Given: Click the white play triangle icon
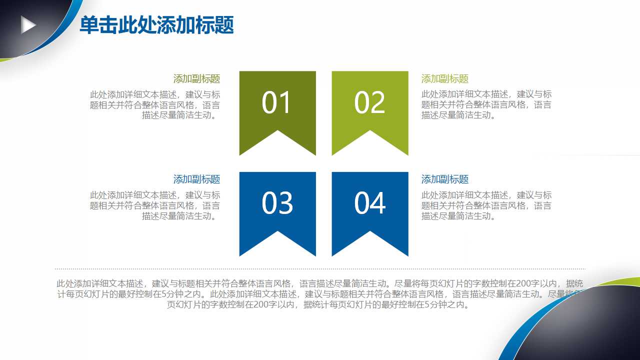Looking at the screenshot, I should pos(28,25).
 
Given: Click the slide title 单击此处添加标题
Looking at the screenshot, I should pos(156,25).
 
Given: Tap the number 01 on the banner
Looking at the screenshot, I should pos(276,103).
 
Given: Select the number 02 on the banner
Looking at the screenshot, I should pos(369,103).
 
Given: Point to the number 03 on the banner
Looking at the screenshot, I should pos(276,203).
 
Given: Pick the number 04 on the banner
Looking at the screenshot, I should pos(369,203).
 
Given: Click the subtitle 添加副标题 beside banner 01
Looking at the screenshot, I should pos(196,79).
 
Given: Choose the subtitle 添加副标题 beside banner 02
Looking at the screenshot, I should pos(444,79).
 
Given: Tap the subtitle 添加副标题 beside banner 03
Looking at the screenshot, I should pos(196,179).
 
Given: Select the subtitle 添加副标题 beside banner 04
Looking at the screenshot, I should pos(444,179).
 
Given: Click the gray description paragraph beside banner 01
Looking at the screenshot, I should pos(155,105).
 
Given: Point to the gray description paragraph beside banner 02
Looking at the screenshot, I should pos(486,105).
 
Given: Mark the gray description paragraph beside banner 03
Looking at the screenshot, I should pos(155,205).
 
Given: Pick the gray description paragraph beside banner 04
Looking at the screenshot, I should pos(486,205).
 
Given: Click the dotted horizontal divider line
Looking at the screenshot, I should pos(320,268).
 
